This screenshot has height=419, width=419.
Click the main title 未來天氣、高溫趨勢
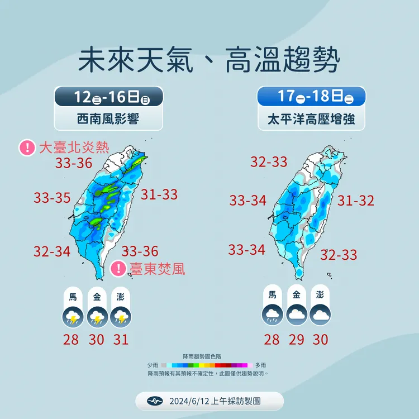(x=209, y=61)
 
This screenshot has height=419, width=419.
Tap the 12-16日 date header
(x=109, y=97)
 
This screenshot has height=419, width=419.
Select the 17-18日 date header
(x=311, y=97)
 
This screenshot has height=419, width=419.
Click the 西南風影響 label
(x=109, y=119)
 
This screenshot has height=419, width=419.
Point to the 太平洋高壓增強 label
(x=311, y=119)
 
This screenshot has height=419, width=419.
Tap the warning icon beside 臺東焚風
(x=118, y=269)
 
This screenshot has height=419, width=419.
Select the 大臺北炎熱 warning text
(x=74, y=147)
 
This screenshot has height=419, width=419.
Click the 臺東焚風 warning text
(x=157, y=269)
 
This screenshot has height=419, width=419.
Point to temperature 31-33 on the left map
(x=159, y=194)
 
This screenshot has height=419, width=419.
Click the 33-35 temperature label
(x=52, y=198)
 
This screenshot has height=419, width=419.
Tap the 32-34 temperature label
(x=52, y=251)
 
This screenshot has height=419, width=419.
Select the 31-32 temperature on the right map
(x=356, y=201)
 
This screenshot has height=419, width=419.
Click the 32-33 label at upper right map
(x=269, y=162)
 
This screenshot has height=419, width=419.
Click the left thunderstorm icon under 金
(x=98, y=317)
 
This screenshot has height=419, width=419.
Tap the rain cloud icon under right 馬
(x=273, y=316)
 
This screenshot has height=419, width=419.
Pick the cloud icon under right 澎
(x=320, y=316)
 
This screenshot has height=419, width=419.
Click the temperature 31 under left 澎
(x=121, y=339)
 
